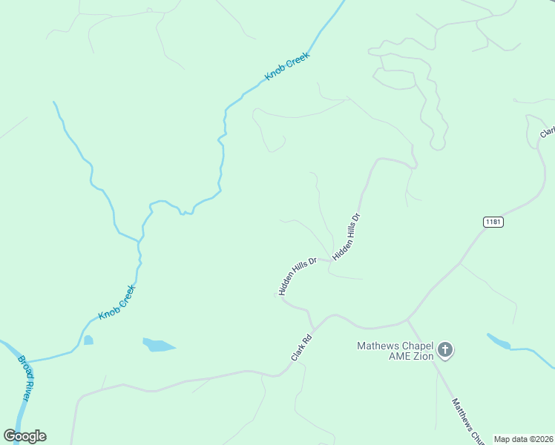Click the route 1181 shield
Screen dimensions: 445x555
coord(493,222)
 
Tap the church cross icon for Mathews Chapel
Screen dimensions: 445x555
coord(445,349)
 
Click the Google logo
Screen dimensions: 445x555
coord(24,435)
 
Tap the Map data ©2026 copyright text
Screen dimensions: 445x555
coord(522,439)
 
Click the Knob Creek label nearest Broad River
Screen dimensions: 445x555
coord(117,303)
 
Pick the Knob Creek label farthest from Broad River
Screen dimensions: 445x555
coord(287,67)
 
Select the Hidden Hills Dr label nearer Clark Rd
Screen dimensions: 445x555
coord(298,276)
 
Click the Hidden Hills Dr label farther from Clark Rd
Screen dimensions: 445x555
coord(347,237)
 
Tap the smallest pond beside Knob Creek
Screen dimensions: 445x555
coord(88,340)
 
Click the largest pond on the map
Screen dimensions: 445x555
coord(158,345)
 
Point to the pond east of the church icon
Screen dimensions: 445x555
coord(499,341)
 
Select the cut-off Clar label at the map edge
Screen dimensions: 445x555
coord(548,131)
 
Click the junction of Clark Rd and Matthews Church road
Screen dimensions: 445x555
coord(407,320)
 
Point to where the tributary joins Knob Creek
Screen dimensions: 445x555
coord(139,242)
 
